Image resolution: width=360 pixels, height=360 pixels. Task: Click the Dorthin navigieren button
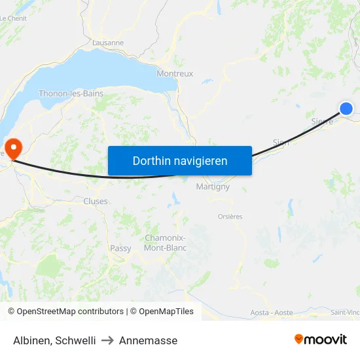pos(180,160)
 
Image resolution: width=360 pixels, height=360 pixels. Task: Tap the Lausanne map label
pos(108,43)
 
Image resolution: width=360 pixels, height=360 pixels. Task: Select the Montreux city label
pos(175,74)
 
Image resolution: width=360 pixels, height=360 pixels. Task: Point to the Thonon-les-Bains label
pos(71,94)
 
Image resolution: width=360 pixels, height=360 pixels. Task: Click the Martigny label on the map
pos(213,187)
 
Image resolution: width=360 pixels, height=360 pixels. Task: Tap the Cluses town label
pos(96,202)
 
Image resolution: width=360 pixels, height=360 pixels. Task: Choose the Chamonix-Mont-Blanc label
pos(165,243)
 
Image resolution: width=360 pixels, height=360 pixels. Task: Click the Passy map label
pos(120,248)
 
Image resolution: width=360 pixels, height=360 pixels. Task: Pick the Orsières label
pos(230,217)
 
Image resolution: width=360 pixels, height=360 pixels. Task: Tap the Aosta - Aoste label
pos(272,313)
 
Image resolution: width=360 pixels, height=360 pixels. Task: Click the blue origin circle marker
pos(346,109)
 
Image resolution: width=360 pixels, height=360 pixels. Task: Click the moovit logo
pos(321,339)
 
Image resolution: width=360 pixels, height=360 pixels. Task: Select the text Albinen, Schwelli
pos(54,340)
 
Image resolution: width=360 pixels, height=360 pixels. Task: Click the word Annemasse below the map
pos(148,340)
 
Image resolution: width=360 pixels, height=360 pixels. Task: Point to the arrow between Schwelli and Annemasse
pos(107,340)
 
